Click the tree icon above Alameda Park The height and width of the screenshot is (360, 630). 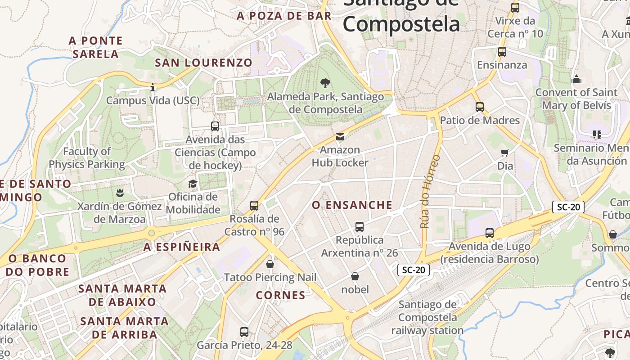(325, 83)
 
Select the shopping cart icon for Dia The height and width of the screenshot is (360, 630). (505, 153)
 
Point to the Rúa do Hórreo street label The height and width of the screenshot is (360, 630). (430, 191)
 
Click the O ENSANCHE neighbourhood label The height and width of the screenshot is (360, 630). (352, 205)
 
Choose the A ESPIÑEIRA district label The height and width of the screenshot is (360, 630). (182, 247)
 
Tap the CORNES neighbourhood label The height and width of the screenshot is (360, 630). (281, 295)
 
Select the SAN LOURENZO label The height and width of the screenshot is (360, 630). (203, 63)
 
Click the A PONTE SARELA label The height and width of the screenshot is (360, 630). (96, 47)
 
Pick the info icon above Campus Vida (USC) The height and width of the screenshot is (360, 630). (153, 87)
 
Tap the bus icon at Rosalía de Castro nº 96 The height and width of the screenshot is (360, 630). (254, 206)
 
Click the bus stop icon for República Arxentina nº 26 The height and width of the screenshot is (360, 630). (359, 227)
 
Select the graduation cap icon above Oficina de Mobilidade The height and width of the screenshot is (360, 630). (193, 184)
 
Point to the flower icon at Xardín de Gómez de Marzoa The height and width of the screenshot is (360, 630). (119, 193)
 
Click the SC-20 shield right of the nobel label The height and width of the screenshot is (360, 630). (414, 270)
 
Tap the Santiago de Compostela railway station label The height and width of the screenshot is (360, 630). (427, 317)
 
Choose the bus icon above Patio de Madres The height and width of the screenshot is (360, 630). (480, 107)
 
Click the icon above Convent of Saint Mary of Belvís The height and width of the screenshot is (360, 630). (576, 79)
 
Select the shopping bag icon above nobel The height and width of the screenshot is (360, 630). (355, 276)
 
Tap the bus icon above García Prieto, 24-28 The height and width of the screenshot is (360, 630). (244, 332)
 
